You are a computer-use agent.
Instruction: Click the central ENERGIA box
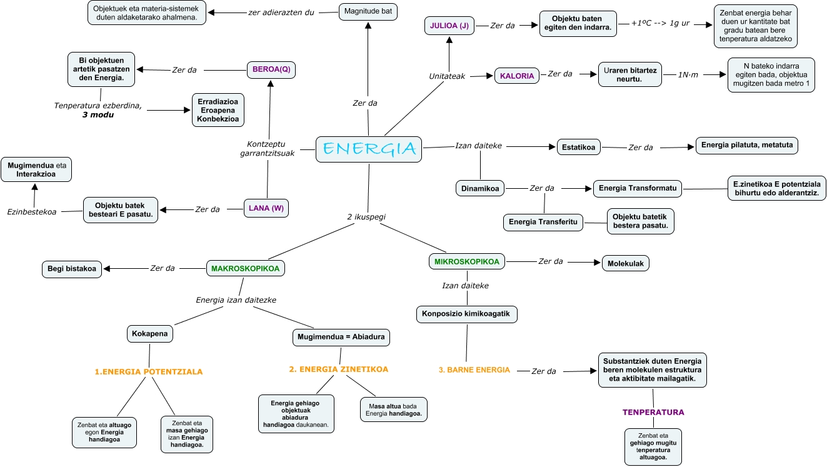(x=369, y=149)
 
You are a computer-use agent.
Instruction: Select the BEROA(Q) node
(x=271, y=69)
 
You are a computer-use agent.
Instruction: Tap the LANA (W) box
(x=267, y=208)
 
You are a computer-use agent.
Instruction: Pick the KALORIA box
(x=517, y=76)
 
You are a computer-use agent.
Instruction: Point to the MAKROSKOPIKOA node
(x=246, y=268)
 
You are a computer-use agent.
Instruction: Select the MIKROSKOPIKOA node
(x=468, y=261)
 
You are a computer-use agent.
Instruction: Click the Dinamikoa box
(x=480, y=188)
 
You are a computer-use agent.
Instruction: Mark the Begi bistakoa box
(x=72, y=269)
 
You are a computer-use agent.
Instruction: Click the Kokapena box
(x=150, y=334)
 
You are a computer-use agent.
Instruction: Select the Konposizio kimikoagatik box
(x=467, y=314)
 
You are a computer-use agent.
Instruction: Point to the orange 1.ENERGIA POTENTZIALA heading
(x=149, y=371)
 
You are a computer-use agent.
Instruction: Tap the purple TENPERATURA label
(x=653, y=412)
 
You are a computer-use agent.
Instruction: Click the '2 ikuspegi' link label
(x=366, y=216)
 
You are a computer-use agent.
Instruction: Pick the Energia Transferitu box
(x=543, y=221)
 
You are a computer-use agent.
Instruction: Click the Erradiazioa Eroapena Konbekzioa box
(x=218, y=110)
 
